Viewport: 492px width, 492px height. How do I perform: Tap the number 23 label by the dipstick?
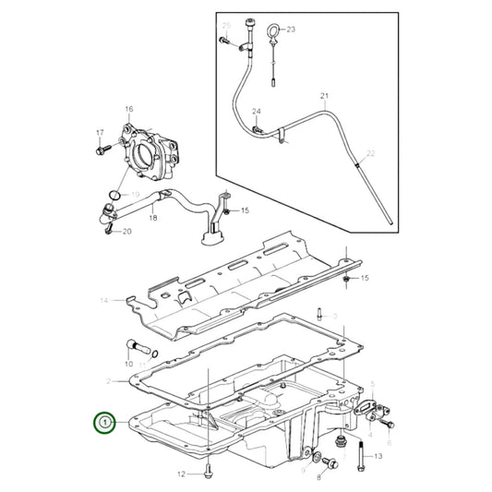pyautogui.click(x=292, y=30)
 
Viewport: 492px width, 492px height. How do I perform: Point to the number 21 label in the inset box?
pyautogui.click(x=323, y=96)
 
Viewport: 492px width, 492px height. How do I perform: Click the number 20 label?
pyautogui.click(x=127, y=231)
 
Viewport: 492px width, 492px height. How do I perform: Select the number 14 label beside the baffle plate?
pyautogui.click(x=104, y=300)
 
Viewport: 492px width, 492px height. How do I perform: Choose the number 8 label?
pyautogui.click(x=320, y=478)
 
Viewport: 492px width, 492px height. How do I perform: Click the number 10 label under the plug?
pyautogui.click(x=128, y=366)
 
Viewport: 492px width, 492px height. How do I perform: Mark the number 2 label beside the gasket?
pyautogui.click(x=109, y=380)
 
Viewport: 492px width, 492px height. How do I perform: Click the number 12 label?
pyautogui.click(x=182, y=474)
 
